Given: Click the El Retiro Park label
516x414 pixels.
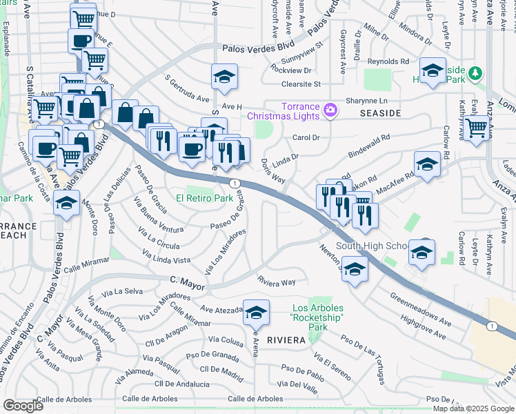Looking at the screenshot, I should pyautogui.click(x=204, y=198).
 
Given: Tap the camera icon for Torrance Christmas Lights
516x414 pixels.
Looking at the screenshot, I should pyautogui.click(x=330, y=110).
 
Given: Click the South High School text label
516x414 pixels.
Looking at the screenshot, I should pyautogui.click(x=372, y=246).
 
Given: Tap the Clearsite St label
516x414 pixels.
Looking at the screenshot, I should pyautogui.click(x=301, y=84).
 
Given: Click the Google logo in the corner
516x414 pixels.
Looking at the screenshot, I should pyautogui.click(x=23, y=406).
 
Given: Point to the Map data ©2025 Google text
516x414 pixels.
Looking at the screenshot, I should pyautogui.click(x=473, y=408).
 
